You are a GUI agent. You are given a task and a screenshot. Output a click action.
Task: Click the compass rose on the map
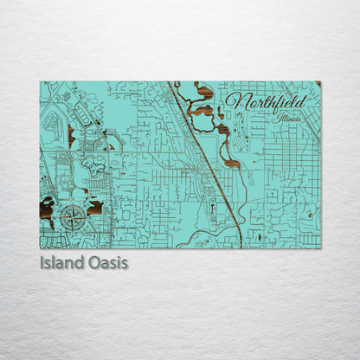[x=73, y=217]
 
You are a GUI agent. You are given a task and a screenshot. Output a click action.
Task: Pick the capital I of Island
[x=42, y=262]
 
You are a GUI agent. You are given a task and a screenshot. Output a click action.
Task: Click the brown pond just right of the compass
[x=94, y=209]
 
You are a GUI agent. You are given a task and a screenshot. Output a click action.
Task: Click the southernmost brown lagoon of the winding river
[x=231, y=162]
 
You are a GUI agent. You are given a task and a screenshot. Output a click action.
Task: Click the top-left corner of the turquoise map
[x=41, y=82]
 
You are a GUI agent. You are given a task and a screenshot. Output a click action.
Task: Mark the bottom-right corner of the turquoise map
[x=319, y=247]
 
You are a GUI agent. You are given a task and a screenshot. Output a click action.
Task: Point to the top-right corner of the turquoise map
[x=319, y=82]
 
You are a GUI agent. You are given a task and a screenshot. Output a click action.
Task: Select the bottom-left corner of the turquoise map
[x=41, y=247]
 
